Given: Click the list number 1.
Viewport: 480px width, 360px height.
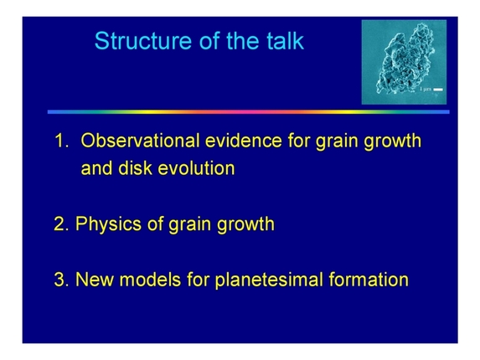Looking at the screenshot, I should click(x=60, y=141).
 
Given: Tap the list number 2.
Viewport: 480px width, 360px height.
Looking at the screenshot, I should click(x=59, y=224).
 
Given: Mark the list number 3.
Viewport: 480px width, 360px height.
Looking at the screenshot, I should click(x=59, y=280).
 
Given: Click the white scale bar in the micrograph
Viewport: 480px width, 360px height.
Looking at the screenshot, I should click(x=438, y=88).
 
